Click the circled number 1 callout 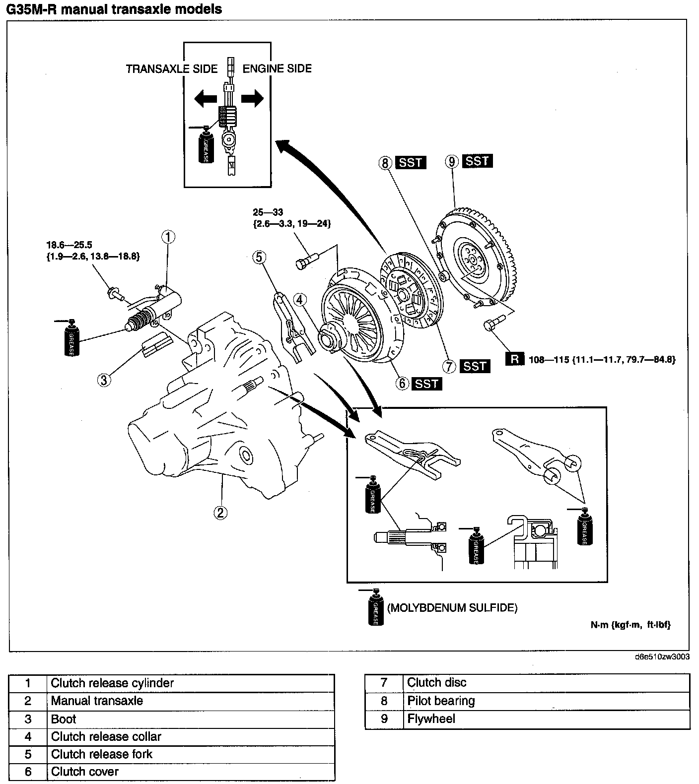[x=168, y=237]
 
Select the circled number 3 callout [x=104, y=380]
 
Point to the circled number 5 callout [x=259, y=257]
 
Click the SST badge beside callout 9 [x=477, y=161]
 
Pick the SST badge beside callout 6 [x=427, y=384]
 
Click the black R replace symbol [x=515, y=359]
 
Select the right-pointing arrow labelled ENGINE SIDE [x=252, y=98]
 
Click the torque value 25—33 [x=268, y=213]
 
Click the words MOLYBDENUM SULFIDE [x=452, y=608]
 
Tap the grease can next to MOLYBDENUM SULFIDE [x=376, y=607]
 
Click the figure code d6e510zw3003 [x=662, y=657]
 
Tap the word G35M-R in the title [x=31, y=9]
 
